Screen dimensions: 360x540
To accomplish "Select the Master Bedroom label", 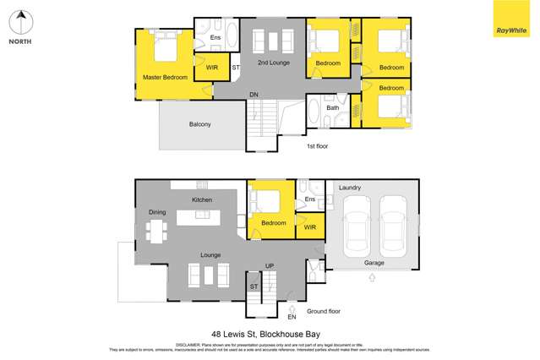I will click(165, 78).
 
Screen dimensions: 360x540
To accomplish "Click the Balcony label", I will click(199, 125).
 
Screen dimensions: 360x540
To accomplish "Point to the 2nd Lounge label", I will click(274, 63).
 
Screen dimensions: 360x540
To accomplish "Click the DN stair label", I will click(254, 95).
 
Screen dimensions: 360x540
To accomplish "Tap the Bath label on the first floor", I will click(333, 107).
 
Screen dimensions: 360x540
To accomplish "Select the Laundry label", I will click(350, 187).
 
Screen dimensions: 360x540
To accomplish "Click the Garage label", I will click(374, 263).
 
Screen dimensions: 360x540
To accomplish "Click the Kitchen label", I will click(202, 199).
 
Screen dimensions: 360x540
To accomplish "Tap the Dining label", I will click(157, 212).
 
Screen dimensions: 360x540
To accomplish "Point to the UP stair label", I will click(270, 266).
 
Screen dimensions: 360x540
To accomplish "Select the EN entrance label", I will click(292, 317).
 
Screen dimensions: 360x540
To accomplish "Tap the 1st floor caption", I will click(317, 145).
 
